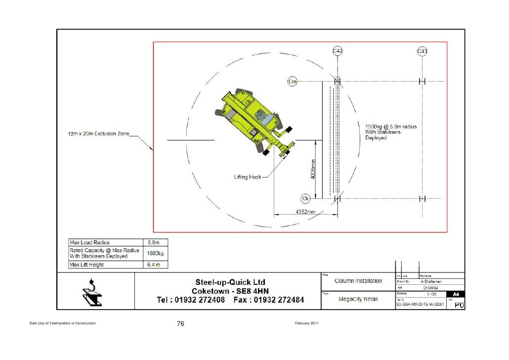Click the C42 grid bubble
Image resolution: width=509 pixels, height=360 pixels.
coord(338,51)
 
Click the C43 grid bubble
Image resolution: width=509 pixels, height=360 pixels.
coord(422,51)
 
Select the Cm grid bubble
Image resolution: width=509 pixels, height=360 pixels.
coord(293,81)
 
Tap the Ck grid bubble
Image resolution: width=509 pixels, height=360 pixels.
coord(305,199)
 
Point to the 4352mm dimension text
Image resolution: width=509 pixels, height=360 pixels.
coord(305,211)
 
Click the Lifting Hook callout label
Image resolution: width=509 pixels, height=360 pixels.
coord(248,177)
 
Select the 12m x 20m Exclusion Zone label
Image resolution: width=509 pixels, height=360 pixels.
coord(98,134)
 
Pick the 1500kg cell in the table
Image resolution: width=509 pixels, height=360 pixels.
coord(155,253)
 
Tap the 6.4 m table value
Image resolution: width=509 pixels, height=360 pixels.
coord(152,264)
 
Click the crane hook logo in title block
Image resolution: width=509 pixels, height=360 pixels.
coord(92,294)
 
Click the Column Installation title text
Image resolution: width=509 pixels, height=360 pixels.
coord(358,281)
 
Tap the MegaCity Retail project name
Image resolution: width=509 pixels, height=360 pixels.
coord(358,299)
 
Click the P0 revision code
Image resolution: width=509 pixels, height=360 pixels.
coord(459,305)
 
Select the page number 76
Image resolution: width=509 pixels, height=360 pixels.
coord(180,324)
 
